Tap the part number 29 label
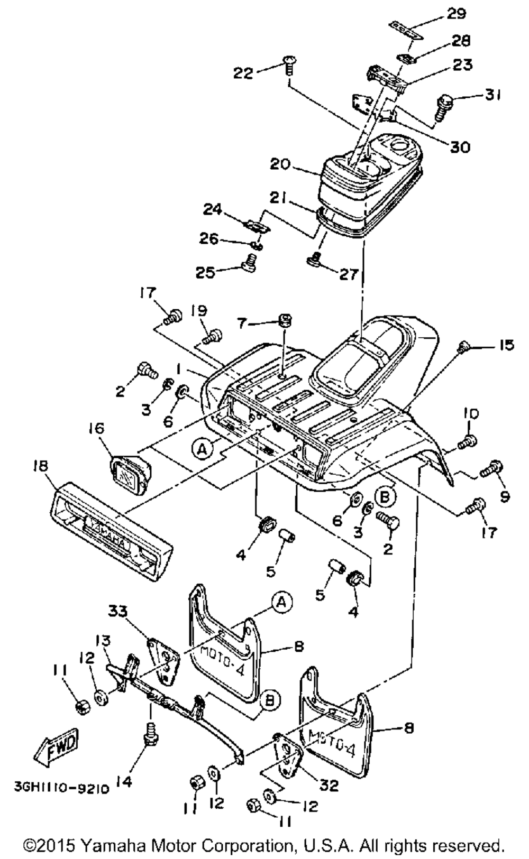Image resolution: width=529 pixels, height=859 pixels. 456,13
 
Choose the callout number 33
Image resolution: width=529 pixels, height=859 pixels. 117,611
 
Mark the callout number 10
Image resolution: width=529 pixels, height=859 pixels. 471,414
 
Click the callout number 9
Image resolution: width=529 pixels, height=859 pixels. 505,496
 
